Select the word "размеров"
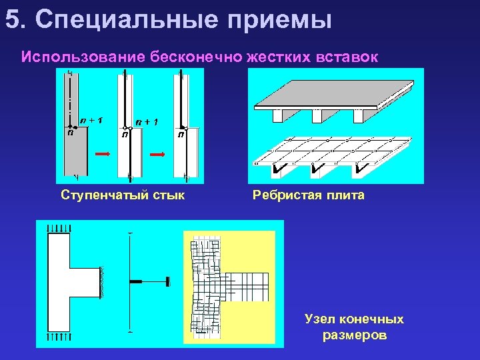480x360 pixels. pos(354,335)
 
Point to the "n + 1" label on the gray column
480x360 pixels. pos(91,121)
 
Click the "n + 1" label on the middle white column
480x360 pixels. pos(147,121)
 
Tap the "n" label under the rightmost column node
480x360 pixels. pos(181,135)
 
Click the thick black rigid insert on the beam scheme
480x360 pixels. pos(135,282)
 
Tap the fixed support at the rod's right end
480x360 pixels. pos(171,282)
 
